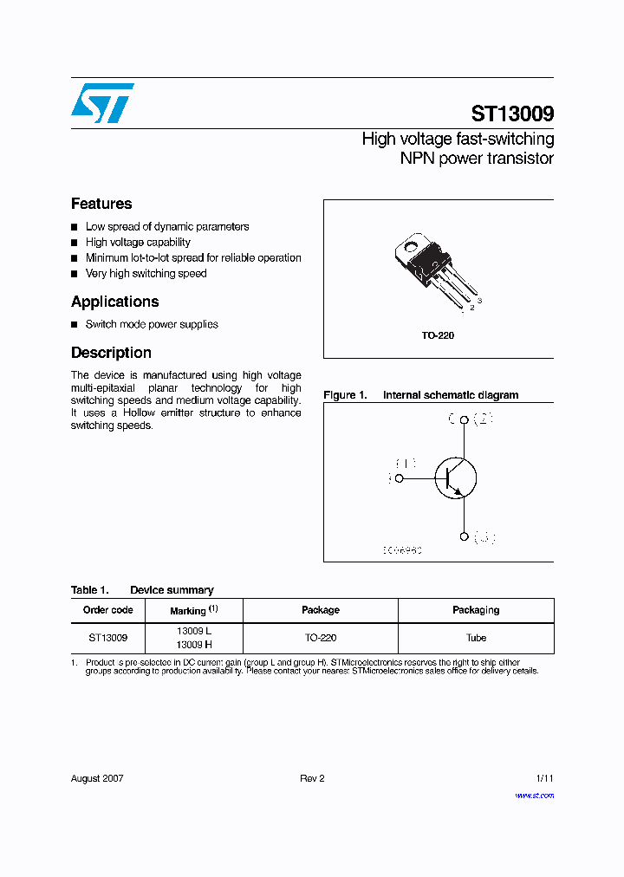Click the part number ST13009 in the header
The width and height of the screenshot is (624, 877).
(x=512, y=114)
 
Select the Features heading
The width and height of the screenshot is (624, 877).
(x=101, y=204)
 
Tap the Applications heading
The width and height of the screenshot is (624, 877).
(x=114, y=302)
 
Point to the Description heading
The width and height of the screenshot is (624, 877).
(x=111, y=353)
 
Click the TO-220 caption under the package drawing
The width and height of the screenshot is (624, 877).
(x=438, y=335)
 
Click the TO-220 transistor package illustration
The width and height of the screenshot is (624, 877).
(x=433, y=264)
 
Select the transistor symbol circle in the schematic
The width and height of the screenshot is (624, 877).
(x=456, y=477)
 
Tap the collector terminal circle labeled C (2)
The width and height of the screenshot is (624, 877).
(x=464, y=420)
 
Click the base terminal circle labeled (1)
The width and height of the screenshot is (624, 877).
(x=400, y=477)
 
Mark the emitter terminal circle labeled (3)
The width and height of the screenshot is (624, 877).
(x=464, y=537)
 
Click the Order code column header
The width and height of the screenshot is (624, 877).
(x=108, y=610)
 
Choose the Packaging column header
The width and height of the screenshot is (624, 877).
(x=476, y=610)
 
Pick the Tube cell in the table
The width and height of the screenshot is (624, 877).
(x=476, y=638)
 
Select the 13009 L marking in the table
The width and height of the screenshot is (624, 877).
(x=193, y=632)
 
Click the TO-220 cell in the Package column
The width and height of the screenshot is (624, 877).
(x=320, y=638)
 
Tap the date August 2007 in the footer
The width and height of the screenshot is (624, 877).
(x=97, y=778)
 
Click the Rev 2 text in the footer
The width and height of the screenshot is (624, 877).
(x=312, y=778)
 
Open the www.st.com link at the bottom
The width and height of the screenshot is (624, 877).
(x=534, y=795)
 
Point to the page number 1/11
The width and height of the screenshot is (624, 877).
(x=543, y=778)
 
